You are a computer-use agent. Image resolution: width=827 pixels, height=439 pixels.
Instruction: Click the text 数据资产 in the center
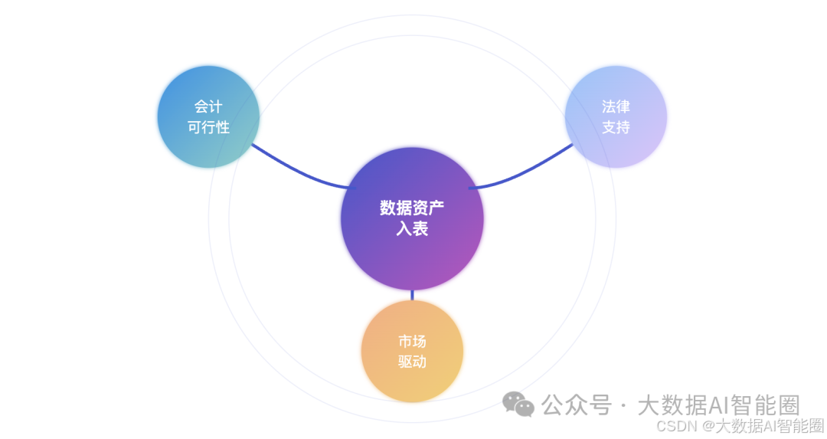click(412, 208)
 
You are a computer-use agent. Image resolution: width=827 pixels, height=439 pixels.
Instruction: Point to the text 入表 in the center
click(412, 229)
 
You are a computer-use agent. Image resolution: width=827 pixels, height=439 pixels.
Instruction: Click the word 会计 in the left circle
click(208, 106)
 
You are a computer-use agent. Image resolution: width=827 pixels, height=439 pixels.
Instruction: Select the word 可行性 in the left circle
click(208, 127)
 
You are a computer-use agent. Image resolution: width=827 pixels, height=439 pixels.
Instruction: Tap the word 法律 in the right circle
click(616, 106)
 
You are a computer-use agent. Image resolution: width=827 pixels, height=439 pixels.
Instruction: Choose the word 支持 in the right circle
click(616, 127)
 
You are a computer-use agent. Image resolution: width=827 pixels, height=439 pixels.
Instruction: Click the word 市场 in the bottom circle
click(412, 341)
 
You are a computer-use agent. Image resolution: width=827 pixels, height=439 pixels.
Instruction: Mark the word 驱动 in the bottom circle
click(412, 362)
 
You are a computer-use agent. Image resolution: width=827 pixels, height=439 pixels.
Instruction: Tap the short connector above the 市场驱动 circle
click(412, 295)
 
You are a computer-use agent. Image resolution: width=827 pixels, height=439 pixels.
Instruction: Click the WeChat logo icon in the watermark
click(518, 404)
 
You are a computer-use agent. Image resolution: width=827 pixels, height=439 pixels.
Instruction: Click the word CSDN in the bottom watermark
click(674, 425)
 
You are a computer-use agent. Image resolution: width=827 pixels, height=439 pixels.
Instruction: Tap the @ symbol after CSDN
click(708, 426)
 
